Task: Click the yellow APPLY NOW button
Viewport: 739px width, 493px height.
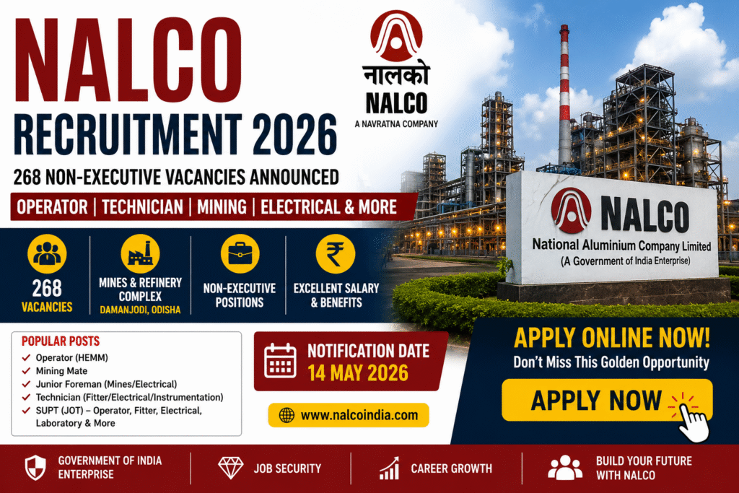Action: point(606,400)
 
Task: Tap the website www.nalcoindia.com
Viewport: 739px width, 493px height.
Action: point(359,415)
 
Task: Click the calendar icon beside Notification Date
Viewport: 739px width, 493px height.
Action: point(281,361)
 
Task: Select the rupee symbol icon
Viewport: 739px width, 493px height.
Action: point(335,254)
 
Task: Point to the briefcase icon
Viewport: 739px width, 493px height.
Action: point(240,254)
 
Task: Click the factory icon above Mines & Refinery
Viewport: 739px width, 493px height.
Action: point(140,254)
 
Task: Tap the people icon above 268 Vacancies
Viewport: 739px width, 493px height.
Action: point(47,254)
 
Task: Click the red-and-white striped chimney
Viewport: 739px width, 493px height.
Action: point(564,95)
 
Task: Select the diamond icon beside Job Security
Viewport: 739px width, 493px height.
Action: point(231,468)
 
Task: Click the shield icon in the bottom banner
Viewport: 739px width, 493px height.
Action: point(35,468)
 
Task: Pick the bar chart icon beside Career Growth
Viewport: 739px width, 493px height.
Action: point(389,468)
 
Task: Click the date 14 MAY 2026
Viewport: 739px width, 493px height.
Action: point(358,373)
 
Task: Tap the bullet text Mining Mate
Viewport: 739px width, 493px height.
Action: point(61,371)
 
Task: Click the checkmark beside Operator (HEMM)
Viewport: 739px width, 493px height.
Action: point(27,357)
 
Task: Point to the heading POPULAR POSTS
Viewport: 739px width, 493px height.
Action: point(61,341)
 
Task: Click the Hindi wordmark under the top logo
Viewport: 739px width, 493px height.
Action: point(396,75)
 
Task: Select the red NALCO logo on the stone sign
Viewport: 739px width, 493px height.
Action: point(571,210)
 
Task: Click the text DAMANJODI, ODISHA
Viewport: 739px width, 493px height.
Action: point(140,310)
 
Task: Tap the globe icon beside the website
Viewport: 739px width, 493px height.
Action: point(287,415)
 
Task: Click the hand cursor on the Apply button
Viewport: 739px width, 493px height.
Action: point(693,421)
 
